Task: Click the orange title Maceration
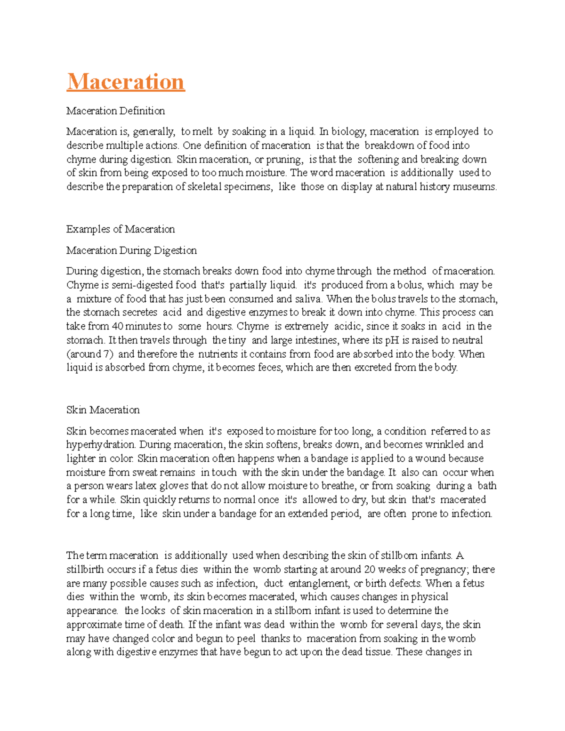[x=126, y=81]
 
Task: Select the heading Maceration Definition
[x=115, y=111]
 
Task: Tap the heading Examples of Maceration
[x=121, y=229]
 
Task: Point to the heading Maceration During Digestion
[x=131, y=250]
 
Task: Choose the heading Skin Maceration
[x=103, y=410]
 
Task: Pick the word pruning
[x=284, y=160]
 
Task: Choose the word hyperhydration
[x=101, y=445]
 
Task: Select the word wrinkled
[x=444, y=445]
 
